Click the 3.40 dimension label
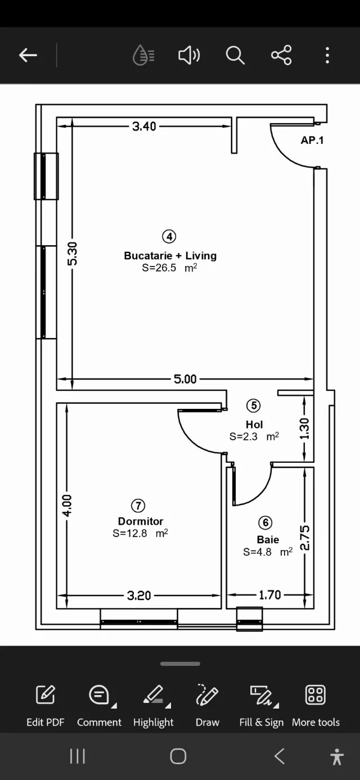tap(144, 127)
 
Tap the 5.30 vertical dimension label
tap(72, 254)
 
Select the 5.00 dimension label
tap(185, 379)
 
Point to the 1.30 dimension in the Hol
tap(304, 429)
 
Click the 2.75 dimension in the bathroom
tap(304, 538)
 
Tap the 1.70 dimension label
tap(270, 595)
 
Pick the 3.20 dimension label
tap(139, 596)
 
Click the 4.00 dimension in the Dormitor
tap(66, 505)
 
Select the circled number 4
tap(169, 237)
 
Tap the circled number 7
tap(138, 506)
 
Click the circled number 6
tap(265, 522)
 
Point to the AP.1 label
tap(312, 141)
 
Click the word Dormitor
tap(141, 521)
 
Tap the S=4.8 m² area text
tap(268, 552)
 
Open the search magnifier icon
tap(235, 55)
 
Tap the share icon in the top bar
tap(281, 55)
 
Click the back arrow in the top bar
tap(28, 55)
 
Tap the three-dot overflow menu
tap(327, 55)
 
